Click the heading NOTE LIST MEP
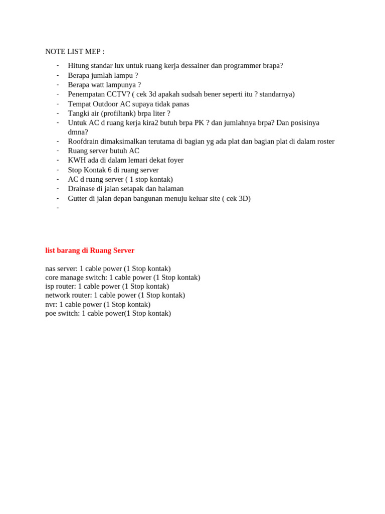click(75, 52)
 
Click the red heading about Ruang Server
click(90, 250)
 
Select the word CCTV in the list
click(118, 94)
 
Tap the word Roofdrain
click(83, 142)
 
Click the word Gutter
click(79, 198)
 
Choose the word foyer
click(174, 160)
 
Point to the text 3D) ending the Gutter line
click(244, 198)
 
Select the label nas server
click(61, 269)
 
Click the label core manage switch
click(76, 278)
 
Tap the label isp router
click(61, 286)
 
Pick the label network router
click(68, 295)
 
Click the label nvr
click(51, 304)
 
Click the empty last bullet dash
click(58, 208)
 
